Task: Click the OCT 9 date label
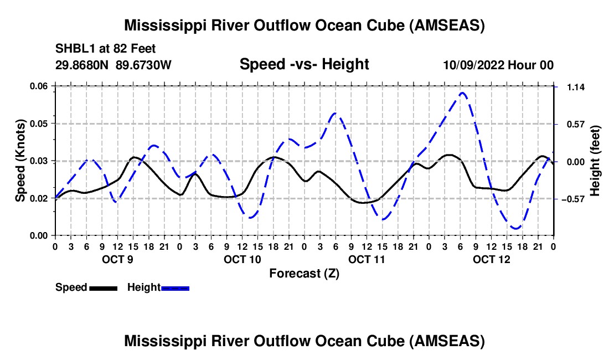click(x=117, y=259)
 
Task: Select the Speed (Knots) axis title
click(x=20, y=161)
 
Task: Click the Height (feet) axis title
click(x=595, y=161)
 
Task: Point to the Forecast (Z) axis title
click(x=304, y=273)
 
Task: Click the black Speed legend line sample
click(x=103, y=287)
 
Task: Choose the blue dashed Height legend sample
click(x=175, y=287)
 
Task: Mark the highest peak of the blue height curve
click(x=463, y=92)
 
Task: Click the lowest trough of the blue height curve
click(x=516, y=228)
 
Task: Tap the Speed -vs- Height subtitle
click(x=304, y=64)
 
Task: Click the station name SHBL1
click(x=74, y=49)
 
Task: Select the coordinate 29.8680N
click(x=83, y=65)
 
